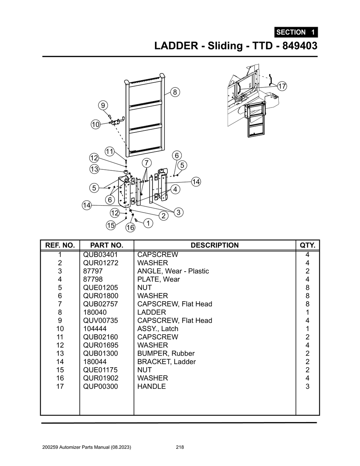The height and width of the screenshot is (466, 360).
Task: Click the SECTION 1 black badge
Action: click(x=296, y=32)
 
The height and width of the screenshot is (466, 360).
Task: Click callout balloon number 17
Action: click(x=282, y=86)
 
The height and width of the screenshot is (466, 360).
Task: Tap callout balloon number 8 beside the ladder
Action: click(x=175, y=92)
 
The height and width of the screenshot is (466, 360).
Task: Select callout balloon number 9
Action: click(x=103, y=105)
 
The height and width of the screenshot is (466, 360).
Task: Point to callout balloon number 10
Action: click(x=96, y=124)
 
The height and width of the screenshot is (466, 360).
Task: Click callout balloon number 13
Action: click(x=94, y=169)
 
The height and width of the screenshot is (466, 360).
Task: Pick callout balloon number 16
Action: click(x=130, y=227)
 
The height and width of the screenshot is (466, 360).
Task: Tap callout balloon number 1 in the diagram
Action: click(x=148, y=223)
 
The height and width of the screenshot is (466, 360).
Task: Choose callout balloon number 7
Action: click(x=147, y=163)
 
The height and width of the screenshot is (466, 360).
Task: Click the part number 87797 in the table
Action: click(x=93, y=271)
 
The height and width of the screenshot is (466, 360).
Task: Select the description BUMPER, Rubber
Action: click(x=166, y=353)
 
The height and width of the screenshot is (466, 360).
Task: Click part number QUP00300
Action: click(x=101, y=386)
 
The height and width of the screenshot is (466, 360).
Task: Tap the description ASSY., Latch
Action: click(x=157, y=329)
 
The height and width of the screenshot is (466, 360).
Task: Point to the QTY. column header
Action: click(x=307, y=245)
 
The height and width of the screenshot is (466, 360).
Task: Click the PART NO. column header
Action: click(x=107, y=245)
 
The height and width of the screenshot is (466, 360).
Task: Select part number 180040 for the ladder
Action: click(x=95, y=312)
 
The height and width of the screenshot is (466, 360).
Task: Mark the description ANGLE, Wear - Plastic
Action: click(x=173, y=271)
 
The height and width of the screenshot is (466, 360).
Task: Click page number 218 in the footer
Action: click(x=180, y=447)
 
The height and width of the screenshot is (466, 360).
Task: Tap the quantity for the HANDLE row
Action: click(x=307, y=386)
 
